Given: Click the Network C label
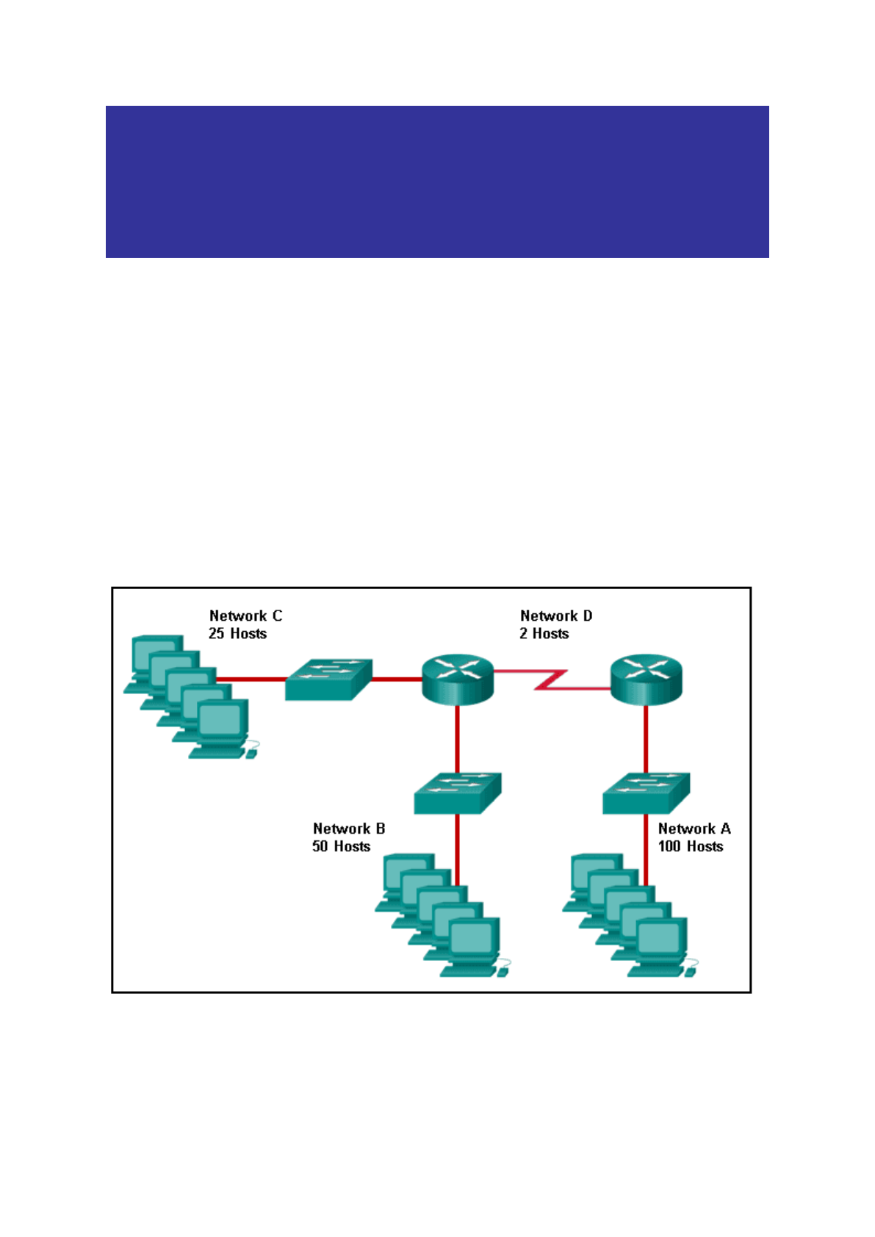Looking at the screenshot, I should (245, 616).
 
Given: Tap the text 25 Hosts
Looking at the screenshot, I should (237, 633).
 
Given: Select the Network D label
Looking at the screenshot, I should (555, 616).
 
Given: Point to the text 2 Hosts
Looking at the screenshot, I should (544, 633).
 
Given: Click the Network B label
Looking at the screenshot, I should (348, 829).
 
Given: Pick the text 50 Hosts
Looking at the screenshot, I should (341, 846).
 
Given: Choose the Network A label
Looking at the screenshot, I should (694, 829).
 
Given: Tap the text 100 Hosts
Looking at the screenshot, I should (690, 846).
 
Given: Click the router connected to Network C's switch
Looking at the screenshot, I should (457, 679).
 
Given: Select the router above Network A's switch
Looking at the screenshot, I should (646, 679).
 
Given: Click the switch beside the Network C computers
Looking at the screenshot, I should (328, 679).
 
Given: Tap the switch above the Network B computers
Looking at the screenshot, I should (457, 793).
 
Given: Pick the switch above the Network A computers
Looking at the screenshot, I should (646, 793).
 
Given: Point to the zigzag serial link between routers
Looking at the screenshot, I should (551, 679).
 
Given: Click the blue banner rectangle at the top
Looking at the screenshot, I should (437, 181).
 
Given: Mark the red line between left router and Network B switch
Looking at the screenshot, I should (457, 738).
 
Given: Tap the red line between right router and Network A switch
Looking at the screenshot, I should (646, 738).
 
